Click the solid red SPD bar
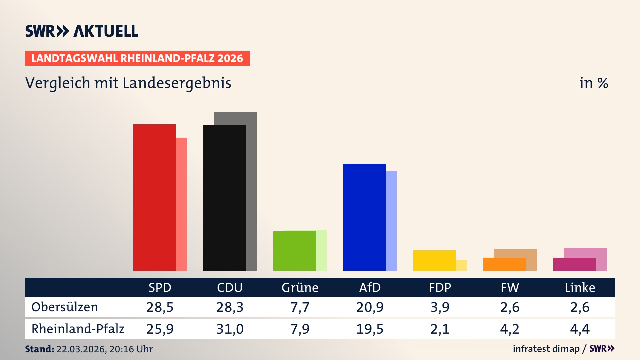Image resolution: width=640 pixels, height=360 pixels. click(x=154, y=197)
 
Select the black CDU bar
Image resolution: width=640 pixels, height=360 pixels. click(x=224, y=198)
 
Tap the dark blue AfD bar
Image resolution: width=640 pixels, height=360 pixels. click(x=364, y=217)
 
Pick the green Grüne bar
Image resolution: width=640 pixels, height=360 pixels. click(x=294, y=251)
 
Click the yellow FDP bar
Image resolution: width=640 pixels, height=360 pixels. click(x=434, y=260)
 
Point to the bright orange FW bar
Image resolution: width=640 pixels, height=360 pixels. click(x=504, y=264)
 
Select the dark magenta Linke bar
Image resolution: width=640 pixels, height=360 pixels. click(x=574, y=264)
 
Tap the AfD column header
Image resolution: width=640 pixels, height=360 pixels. click(x=370, y=288)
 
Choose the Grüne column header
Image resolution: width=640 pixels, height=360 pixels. click(x=300, y=288)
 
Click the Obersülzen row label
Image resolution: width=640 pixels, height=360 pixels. click(x=65, y=307)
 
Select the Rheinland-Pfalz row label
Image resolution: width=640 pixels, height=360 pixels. click(x=78, y=329)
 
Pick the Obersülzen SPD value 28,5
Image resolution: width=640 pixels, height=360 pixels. click(x=160, y=307)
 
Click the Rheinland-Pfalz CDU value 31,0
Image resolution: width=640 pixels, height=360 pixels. click(x=230, y=329)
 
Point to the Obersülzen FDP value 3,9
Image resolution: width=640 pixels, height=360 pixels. click(x=440, y=307)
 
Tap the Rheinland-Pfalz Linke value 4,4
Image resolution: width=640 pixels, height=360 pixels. click(x=580, y=329)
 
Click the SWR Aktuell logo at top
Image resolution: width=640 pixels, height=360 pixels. click(x=82, y=31)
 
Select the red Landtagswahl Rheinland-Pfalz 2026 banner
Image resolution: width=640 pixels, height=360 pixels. click(x=137, y=58)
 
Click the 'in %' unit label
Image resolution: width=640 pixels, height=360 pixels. click(x=593, y=83)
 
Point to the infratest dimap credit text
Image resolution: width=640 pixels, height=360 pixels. click(x=546, y=349)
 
